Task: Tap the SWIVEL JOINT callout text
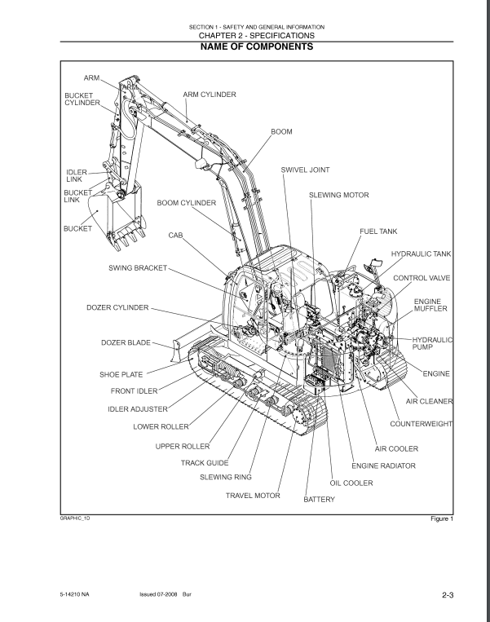(307, 170)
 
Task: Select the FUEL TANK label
(379, 232)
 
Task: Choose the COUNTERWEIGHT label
(422, 425)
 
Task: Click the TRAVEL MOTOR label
(253, 495)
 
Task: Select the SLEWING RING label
(226, 477)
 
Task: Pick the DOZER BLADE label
(126, 343)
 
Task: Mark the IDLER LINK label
(75, 175)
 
